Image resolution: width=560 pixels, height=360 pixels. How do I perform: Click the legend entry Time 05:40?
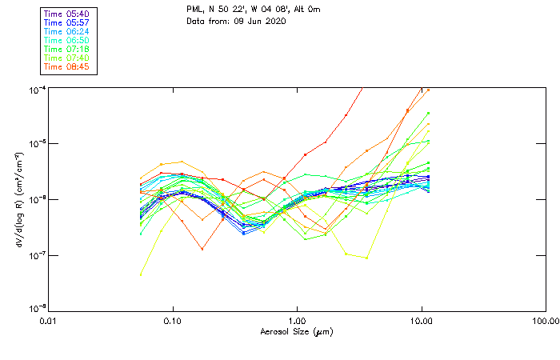[67, 14]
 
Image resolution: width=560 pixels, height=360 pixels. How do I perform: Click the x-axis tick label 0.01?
[49, 320]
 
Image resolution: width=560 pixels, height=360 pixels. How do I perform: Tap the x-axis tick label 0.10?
[173, 320]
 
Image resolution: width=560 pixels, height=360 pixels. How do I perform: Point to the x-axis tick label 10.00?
[422, 320]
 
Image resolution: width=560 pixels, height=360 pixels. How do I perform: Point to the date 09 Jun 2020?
[259, 21]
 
